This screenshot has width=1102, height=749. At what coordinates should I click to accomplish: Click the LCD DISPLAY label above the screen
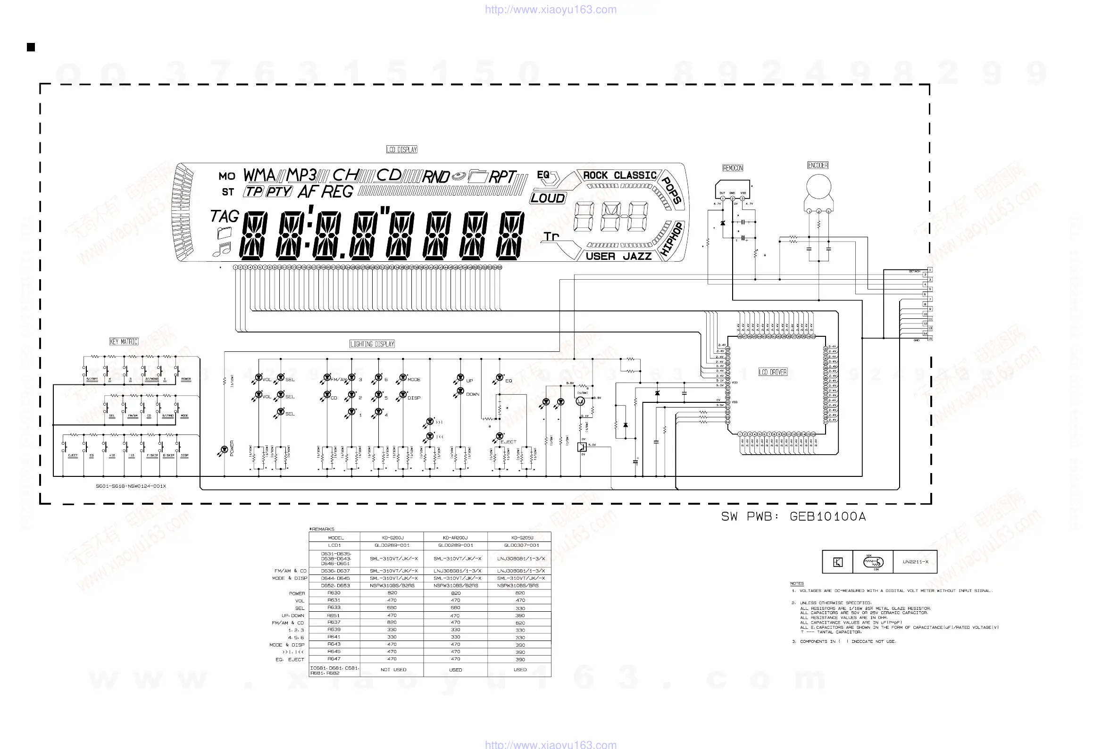point(401,150)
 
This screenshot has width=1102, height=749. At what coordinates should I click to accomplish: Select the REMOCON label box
point(733,168)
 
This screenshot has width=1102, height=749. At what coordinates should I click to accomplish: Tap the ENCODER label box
point(818,165)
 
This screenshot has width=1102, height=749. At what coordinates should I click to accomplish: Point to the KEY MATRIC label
point(124,341)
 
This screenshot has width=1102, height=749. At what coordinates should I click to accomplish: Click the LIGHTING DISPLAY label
point(372,344)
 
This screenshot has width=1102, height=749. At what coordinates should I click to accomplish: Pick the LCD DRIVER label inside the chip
point(773,372)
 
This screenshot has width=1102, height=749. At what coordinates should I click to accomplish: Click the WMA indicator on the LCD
point(259,175)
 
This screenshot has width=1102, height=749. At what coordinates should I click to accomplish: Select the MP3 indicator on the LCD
point(301,175)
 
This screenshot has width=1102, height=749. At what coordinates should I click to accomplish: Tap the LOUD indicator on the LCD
point(548,198)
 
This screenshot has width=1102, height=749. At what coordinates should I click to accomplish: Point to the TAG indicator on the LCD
point(225,216)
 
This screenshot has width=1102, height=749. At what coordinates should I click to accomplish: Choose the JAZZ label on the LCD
point(637,257)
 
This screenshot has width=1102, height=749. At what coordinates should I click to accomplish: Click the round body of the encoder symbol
point(818,186)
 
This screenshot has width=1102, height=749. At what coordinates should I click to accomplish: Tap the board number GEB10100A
point(827,517)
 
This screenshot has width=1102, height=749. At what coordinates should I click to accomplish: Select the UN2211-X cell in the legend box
point(915,562)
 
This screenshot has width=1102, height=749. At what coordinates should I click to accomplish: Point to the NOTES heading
point(797,583)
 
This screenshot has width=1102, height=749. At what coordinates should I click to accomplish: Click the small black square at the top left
point(31,47)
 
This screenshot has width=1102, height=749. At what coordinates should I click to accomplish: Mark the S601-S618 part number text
point(131,486)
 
